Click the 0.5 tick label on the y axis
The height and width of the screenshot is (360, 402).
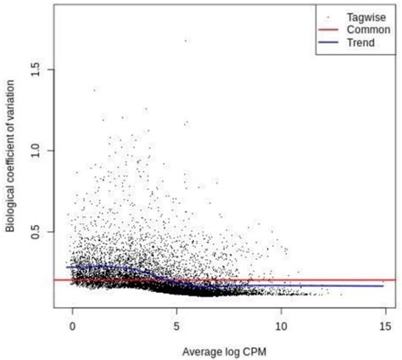point(36,231)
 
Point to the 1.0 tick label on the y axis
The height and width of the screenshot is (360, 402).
point(36,149)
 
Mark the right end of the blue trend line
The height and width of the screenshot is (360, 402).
point(383,286)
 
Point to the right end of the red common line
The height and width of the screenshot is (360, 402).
point(395,279)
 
